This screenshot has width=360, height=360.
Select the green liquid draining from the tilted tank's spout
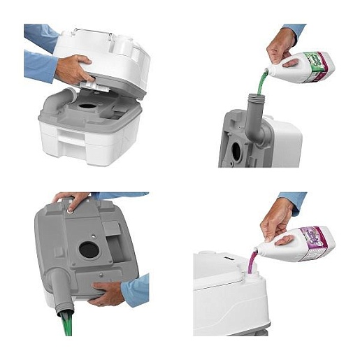coord(68,325)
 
